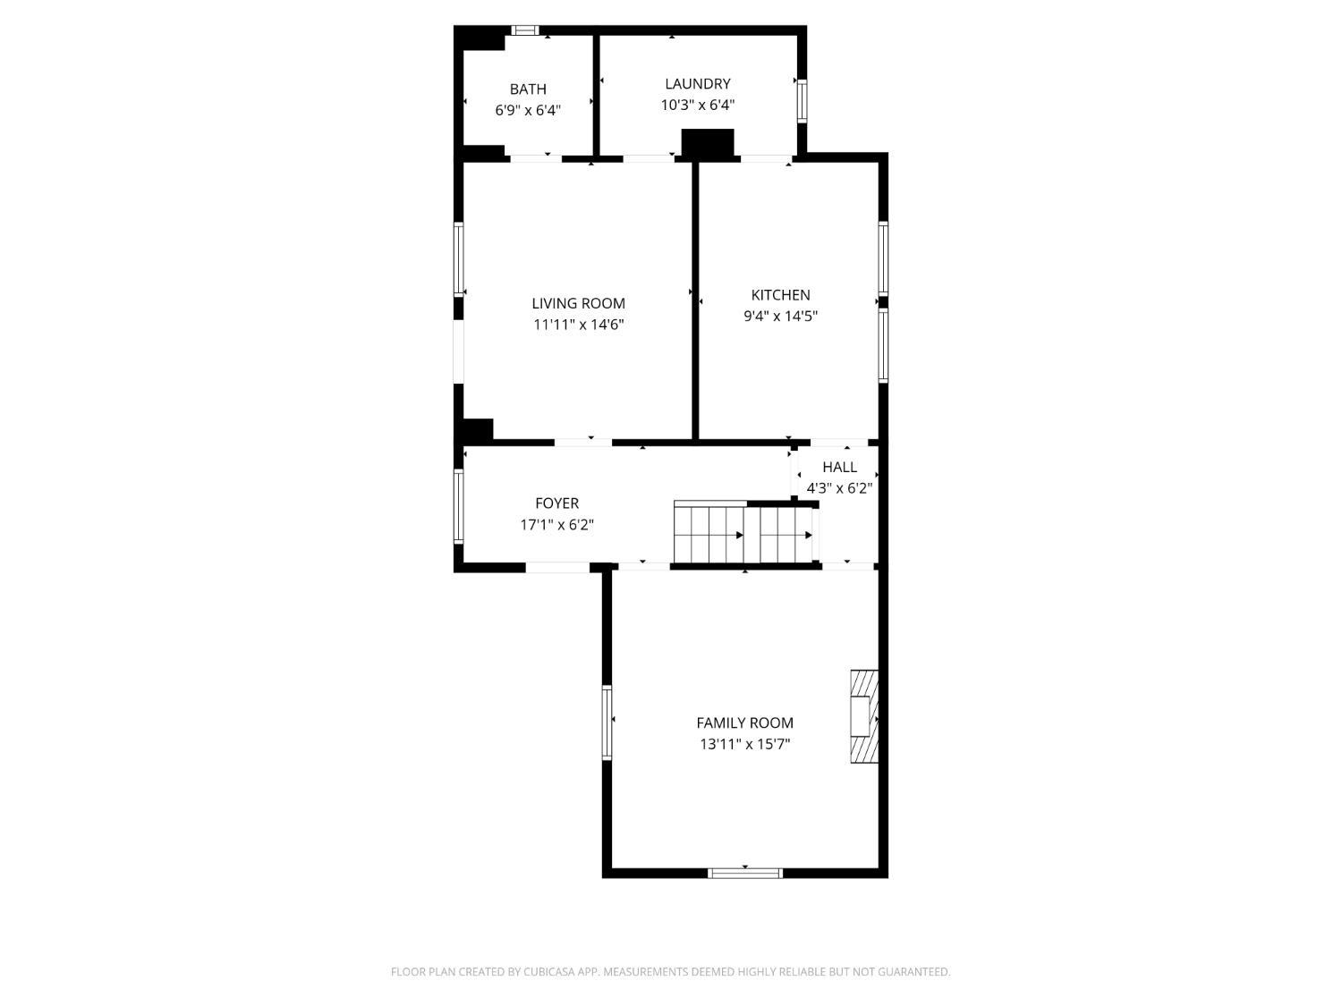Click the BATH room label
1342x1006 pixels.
[528, 89]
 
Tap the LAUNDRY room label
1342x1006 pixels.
[698, 84]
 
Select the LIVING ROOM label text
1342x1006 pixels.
[578, 303]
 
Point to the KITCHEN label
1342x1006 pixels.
[780, 295]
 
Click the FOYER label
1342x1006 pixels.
[556, 503]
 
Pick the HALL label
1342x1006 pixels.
[839, 468]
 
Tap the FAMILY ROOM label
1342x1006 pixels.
[744, 723]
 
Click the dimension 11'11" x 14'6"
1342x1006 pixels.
[578, 325]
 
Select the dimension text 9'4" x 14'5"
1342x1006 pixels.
[780, 317]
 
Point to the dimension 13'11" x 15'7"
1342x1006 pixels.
[744, 745]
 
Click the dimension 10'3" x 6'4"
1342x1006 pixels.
[698, 105]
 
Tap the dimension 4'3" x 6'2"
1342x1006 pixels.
[839, 488]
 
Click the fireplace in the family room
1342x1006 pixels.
[864, 716]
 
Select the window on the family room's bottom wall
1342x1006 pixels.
[744, 873]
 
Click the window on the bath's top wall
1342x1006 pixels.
[525, 30]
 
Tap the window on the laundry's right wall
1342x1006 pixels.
[802, 101]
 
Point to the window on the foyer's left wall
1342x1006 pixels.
[459, 506]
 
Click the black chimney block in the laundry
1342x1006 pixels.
[708, 145]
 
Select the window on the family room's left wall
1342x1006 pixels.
[607, 723]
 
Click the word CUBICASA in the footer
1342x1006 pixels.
[549, 971]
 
